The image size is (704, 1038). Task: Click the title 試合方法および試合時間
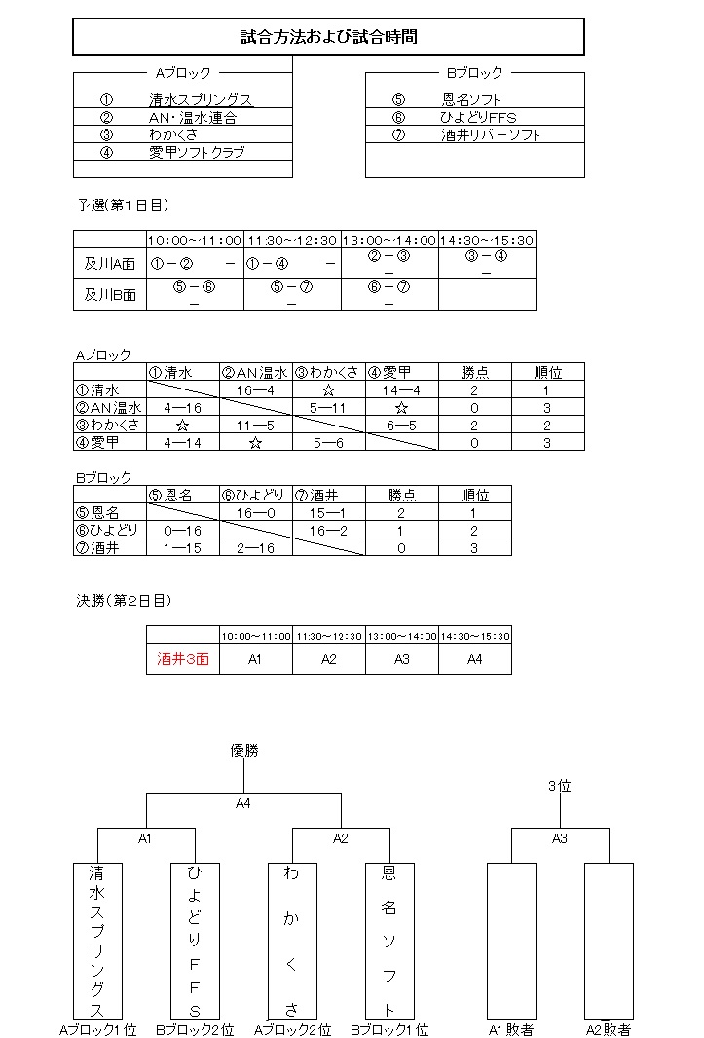(x=328, y=37)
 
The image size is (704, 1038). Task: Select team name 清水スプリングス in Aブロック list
(x=201, y=100)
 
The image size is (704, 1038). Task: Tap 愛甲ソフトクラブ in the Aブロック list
(x=197, y=152)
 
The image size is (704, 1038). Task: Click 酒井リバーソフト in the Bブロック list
(x=490, y=135)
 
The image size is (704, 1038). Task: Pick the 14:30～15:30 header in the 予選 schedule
(x=487, y=240)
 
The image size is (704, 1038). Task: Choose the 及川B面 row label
(x=110, y=294)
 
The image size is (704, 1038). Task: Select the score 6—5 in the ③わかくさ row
(x=401, y=425)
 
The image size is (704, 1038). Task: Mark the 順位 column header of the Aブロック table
(x=548, y=372)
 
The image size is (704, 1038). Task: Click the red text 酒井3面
(x=183, y=659)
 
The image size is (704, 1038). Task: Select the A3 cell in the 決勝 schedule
(x=401, y=659)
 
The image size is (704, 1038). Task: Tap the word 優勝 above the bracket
(x=244, y=750)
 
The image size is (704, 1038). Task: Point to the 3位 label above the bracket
(x=559, y=787)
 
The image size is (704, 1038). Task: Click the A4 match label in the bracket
(x=243, y=804)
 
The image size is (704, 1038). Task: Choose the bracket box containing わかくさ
(x=292, y=940)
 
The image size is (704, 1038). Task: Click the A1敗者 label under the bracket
(x=511, y=1029)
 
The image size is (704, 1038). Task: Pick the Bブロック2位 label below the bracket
(x=195, y=1029)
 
